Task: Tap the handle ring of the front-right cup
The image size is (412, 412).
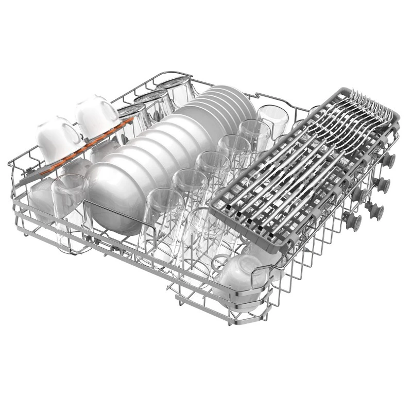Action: coord(220,262)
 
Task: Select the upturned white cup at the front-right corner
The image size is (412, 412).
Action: coord(242,278)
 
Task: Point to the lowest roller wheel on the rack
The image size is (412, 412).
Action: coord(353,221)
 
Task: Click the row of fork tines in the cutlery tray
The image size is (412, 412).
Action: coord(368,103)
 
